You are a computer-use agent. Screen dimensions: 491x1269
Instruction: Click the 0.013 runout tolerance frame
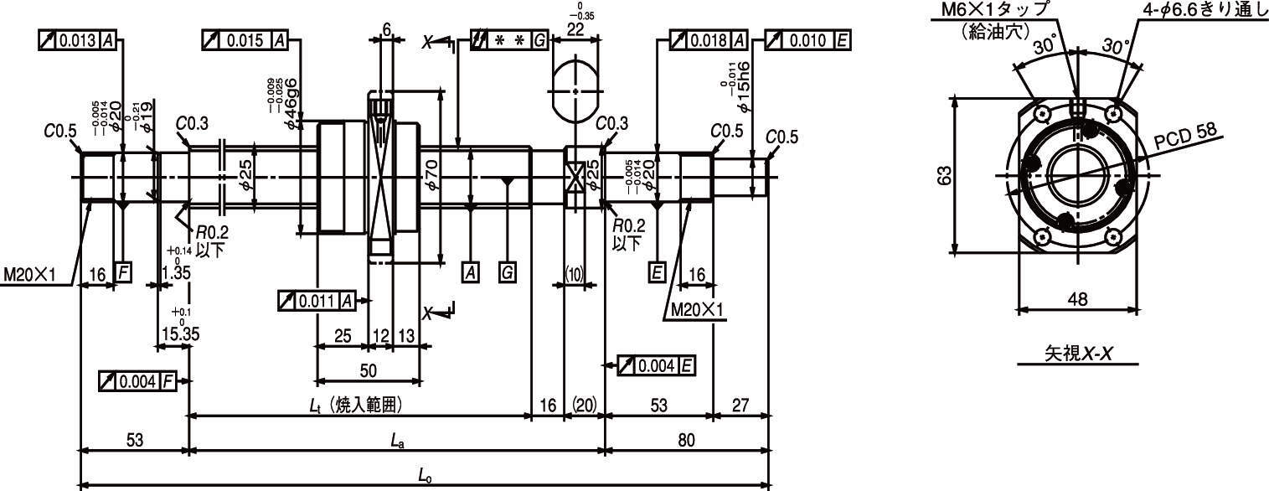coord(77,41)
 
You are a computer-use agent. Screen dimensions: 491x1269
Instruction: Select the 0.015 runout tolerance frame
coord(245,41)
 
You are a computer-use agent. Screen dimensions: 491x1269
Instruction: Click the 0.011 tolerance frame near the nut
coord(318,301)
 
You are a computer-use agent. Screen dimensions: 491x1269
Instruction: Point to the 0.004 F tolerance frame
coord(137,381)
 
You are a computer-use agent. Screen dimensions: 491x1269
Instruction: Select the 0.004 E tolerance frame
coord(656,365)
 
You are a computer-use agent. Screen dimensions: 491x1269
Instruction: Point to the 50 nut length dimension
coord(368,370)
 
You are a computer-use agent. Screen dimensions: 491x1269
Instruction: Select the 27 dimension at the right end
coord(740,406)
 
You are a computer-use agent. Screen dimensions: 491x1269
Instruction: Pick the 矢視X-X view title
coord(1078,354)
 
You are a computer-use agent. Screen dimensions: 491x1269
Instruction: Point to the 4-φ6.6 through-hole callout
coord(1205,11)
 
